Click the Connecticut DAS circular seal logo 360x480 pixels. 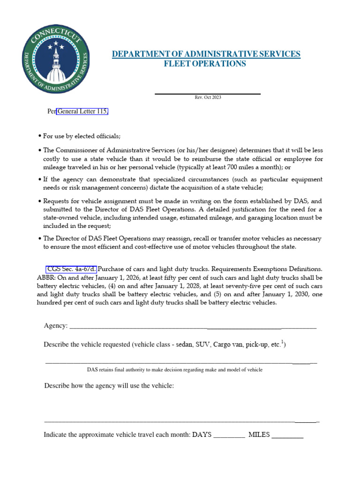[x=55, y=60]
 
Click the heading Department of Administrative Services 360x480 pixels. [x=206, y=54]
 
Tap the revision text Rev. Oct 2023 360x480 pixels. [x=208, y=97]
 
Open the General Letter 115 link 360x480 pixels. [x=83, y=112]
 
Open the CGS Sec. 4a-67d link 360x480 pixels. [x=71, y=269]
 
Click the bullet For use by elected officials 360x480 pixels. [x=82, y=136]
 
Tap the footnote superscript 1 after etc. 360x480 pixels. [x=283, y=342]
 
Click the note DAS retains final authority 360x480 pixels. [x=175, y=370]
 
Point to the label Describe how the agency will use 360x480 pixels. [x=109, y=385]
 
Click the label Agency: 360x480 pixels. [x=56, y=326]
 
